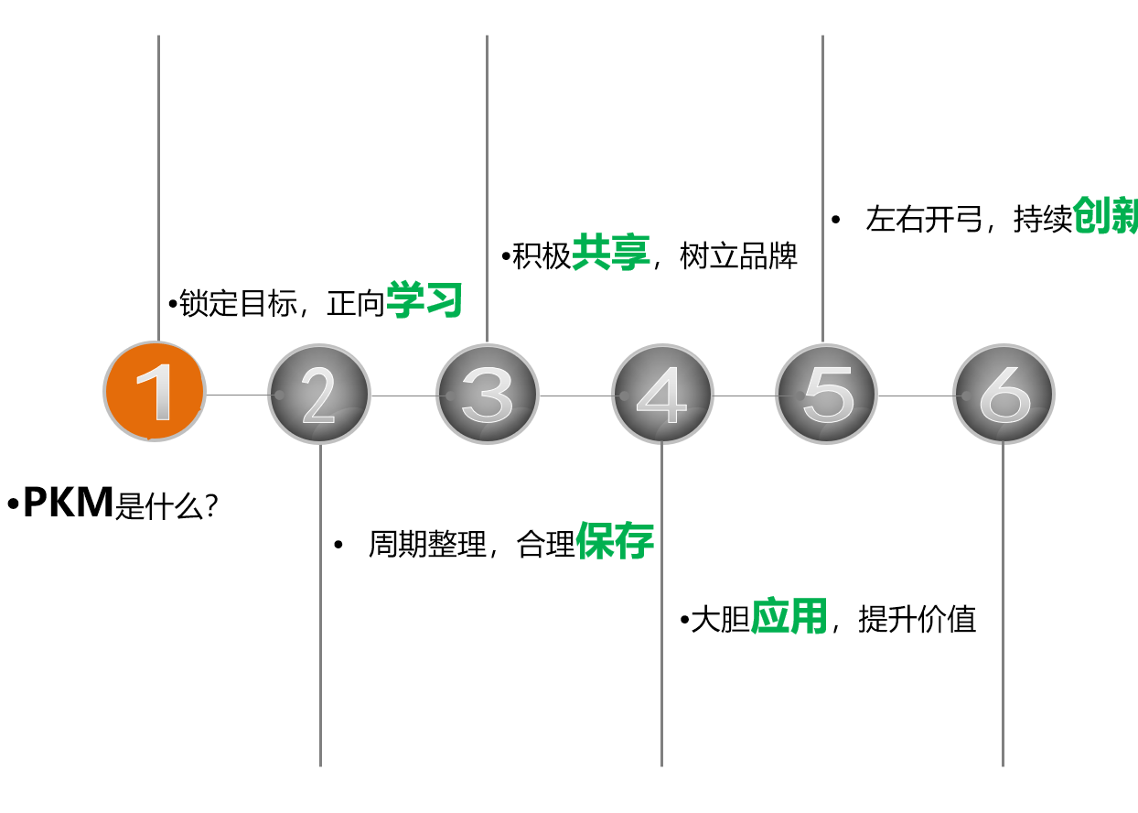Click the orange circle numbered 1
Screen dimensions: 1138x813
pos(154,392)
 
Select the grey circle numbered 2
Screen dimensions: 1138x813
pos(319,395)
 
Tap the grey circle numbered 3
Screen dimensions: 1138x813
pos(487,394)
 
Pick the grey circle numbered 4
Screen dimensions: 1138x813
pos(661,395)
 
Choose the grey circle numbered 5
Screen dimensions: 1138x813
pos(826,394)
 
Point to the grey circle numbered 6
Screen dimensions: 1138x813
pos(1003,395)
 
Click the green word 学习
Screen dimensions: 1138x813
pos(424,301)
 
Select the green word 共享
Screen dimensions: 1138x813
pos(610,253)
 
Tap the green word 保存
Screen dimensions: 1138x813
pos(615,543)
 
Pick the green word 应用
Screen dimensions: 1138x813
pos(789,618)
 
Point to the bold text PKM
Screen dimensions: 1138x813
pos(68,503)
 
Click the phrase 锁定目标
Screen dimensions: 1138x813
pos(238,304)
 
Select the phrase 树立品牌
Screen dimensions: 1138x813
pos(739,256)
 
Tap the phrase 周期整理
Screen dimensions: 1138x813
pos(427,545)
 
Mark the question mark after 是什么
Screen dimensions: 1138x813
pos(211,507)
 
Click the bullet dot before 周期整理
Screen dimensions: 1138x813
pos(338,546)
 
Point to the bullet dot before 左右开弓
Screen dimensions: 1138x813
pos(835,220)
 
